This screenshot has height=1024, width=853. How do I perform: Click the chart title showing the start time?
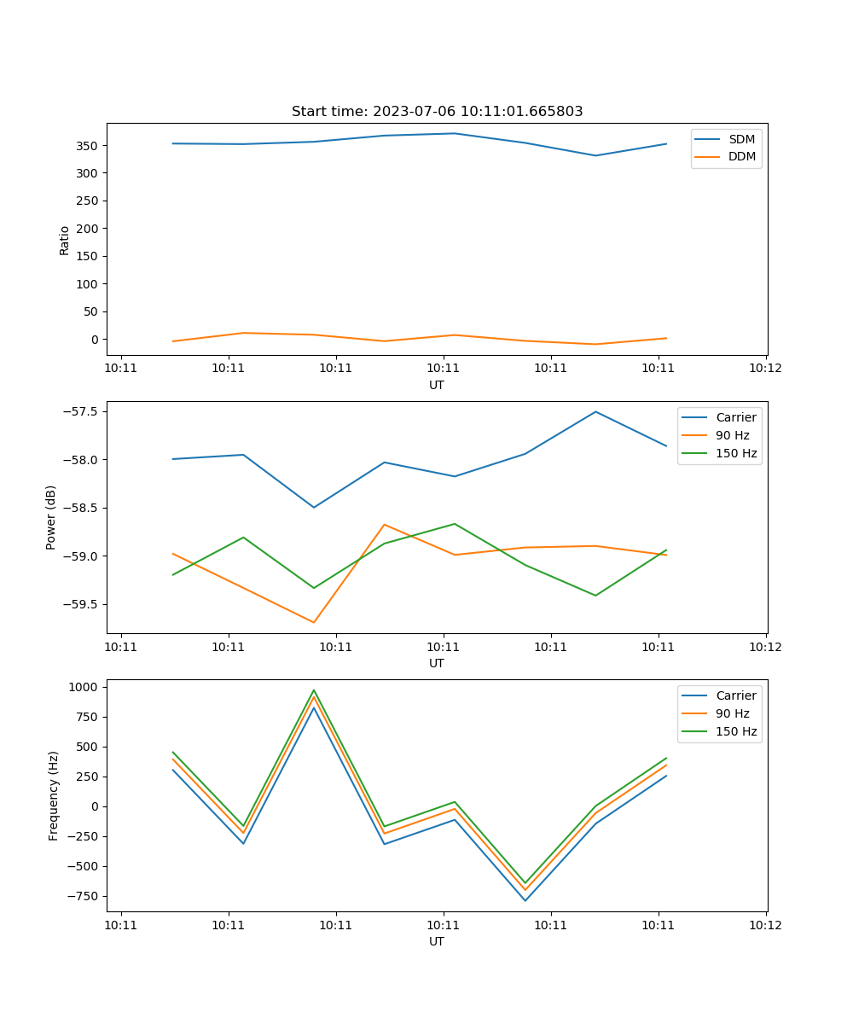tap(437, 112)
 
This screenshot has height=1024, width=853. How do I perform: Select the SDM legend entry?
tap(741, 139)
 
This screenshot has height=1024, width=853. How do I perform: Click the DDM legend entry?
tap(741, 156)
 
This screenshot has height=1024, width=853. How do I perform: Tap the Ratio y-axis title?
tap(65, 240)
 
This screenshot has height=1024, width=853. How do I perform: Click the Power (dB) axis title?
tap(51, 517)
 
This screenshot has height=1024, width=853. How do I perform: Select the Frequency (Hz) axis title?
tap(53, 795)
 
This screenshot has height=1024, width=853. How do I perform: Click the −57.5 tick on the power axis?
tap(80, 411)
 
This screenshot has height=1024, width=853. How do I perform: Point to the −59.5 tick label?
tap(80, 604)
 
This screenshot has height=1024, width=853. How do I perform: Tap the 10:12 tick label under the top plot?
tap(765, 369)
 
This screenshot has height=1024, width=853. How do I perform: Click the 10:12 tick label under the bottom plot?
tap(765, 925)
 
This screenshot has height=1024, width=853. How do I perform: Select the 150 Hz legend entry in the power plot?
tap(735, 453)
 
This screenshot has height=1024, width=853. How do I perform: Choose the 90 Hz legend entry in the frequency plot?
tap(732, 713)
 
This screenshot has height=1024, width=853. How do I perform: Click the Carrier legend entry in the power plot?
tap(735, 417)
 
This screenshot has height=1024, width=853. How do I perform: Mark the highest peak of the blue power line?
tap(595, 411)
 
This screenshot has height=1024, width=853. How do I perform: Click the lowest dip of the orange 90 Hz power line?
tap(314, 622)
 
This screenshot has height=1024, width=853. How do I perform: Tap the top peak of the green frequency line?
tap(314, 689)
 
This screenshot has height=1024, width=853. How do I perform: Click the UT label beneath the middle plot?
tap(437, 663)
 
